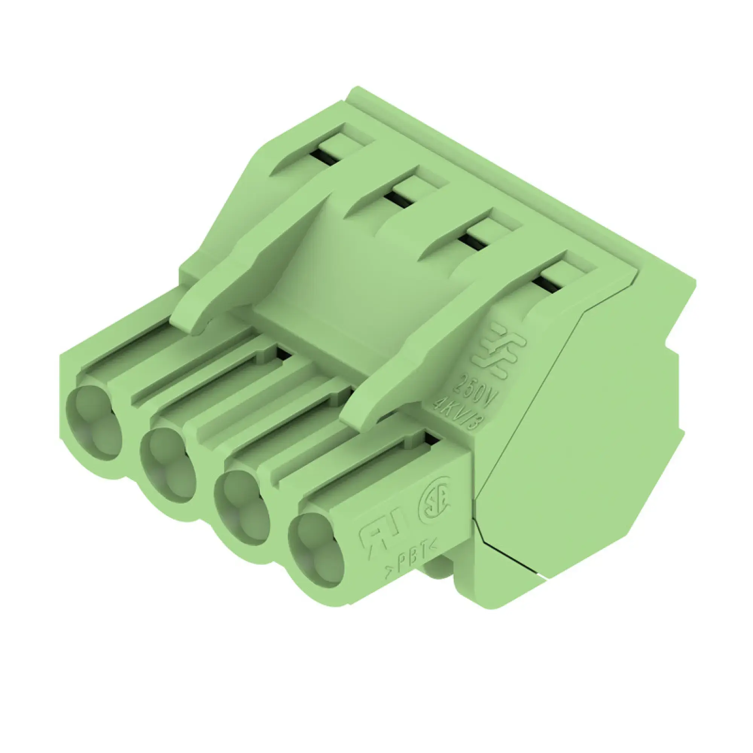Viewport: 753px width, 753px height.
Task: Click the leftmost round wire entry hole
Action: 93,423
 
